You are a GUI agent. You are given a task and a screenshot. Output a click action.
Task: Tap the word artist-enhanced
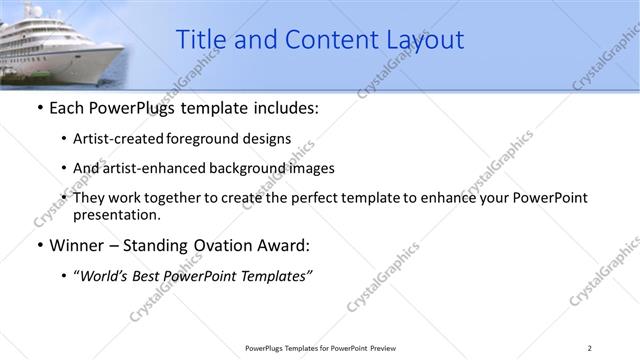[x=153, y=168]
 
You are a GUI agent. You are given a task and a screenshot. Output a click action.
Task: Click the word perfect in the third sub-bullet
[x=312, y=198]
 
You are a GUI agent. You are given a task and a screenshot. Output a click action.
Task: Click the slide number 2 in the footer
[x=589, y=348]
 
